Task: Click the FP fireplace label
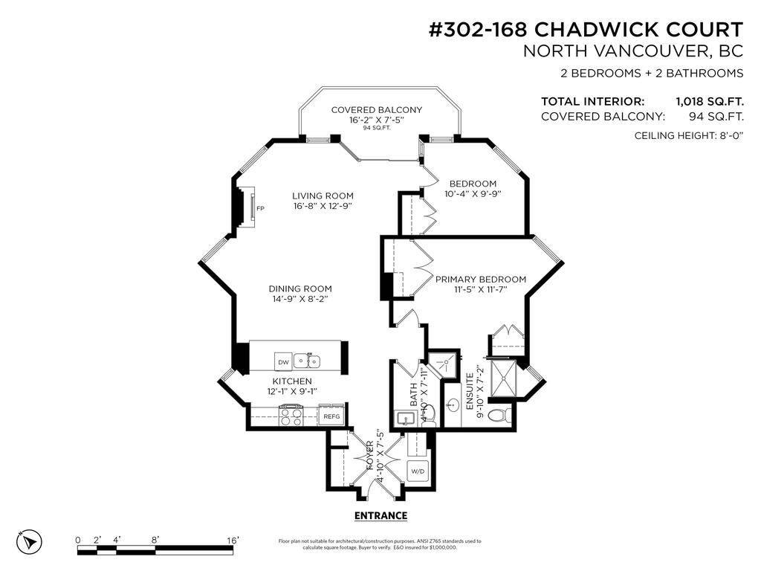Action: pyautogui.click(x=260, y=209)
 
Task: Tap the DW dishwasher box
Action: pyautogui.click(x=283, y=362)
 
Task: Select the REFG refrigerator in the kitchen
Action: pyautogui.click(x=331, y=416)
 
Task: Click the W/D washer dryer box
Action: pyautogui.click(x=417, y=471)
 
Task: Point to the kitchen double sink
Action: pyautogui.click(x=306, y=361)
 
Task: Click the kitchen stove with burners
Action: pyautogui.click(x=291, y=415)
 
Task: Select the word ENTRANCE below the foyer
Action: pyautogui.click(x=380, y=515)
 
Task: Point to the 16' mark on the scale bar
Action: pyautogui.click(x=233, y=541)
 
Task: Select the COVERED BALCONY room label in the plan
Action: pyautogui.click(x=376, y=110)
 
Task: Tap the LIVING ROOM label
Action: pyautogui.click(x=323, y=196)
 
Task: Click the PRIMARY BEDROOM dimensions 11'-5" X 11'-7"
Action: pyautogui.click(x=480, y=289)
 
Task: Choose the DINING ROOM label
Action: pyautogui.click(x=300, y=288)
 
